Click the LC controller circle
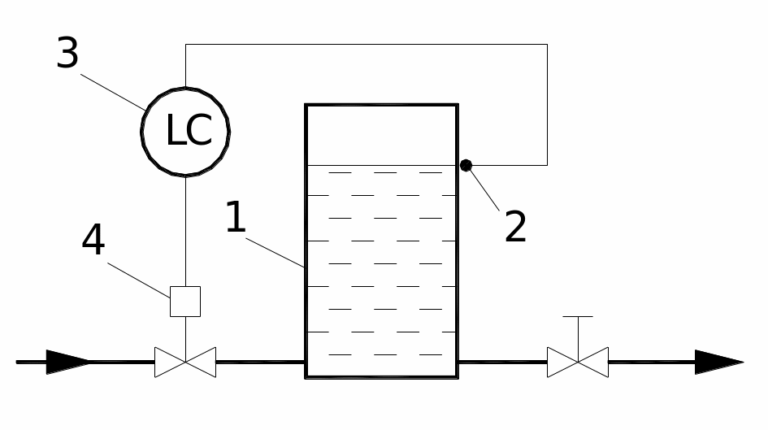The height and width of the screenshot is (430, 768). (x=185, y=130)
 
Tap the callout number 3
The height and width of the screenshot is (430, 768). (x=67, y=54)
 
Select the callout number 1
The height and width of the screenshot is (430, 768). (x=235, y=218)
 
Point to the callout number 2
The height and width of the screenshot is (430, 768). (x=515, y=228)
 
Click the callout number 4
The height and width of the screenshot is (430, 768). (x=93, y=241)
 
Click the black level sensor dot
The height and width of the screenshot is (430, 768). (x=466, y=166)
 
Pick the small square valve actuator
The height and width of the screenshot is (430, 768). (x=185, y=302)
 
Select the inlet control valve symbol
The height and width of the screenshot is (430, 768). (x=185, y=362)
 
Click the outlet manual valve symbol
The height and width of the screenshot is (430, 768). (x=578, y=362)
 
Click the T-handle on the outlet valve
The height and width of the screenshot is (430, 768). (x=578, y=317)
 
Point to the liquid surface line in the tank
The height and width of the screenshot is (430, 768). (x=381, y=166)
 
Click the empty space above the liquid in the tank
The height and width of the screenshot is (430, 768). (x=381, y=135)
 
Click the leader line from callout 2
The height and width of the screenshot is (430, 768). (x=485, y=189)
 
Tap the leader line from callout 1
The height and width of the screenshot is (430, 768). (x=276, y=252)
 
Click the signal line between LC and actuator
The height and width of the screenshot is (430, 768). (x=185, y=232)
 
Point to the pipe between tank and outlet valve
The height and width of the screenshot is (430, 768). (x=502, y=362)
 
